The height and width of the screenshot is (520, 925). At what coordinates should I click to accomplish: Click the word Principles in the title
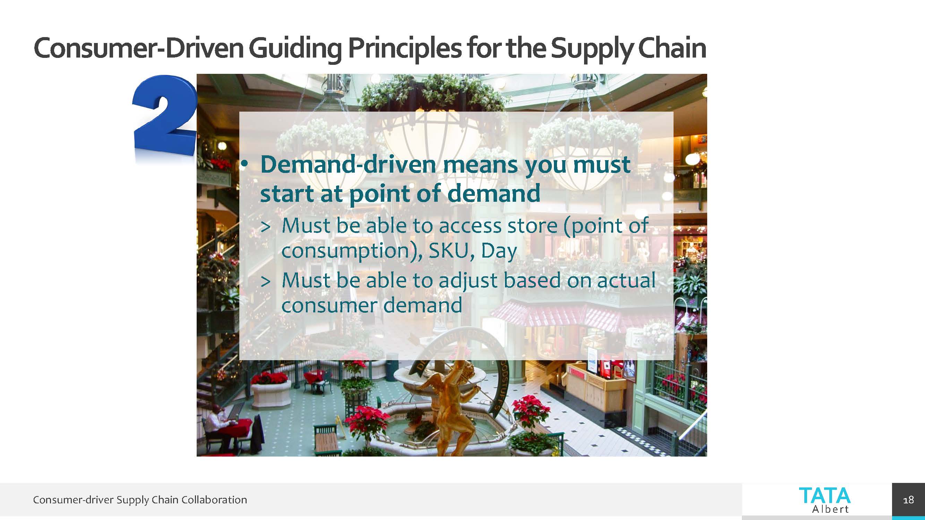[x=404, y=49]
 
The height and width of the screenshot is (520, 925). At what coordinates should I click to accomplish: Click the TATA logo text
[x=825, y=496]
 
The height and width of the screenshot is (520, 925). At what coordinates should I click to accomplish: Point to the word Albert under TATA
[x=831, y=509]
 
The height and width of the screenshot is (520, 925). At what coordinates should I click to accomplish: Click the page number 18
[x=908, y=500]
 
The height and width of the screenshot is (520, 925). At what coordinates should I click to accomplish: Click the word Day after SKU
[x=499, y=251]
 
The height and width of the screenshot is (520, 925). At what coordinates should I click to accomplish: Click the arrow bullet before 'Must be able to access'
[x=265, y=227]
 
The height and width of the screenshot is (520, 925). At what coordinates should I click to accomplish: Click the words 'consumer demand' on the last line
[x=372, y=305]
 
